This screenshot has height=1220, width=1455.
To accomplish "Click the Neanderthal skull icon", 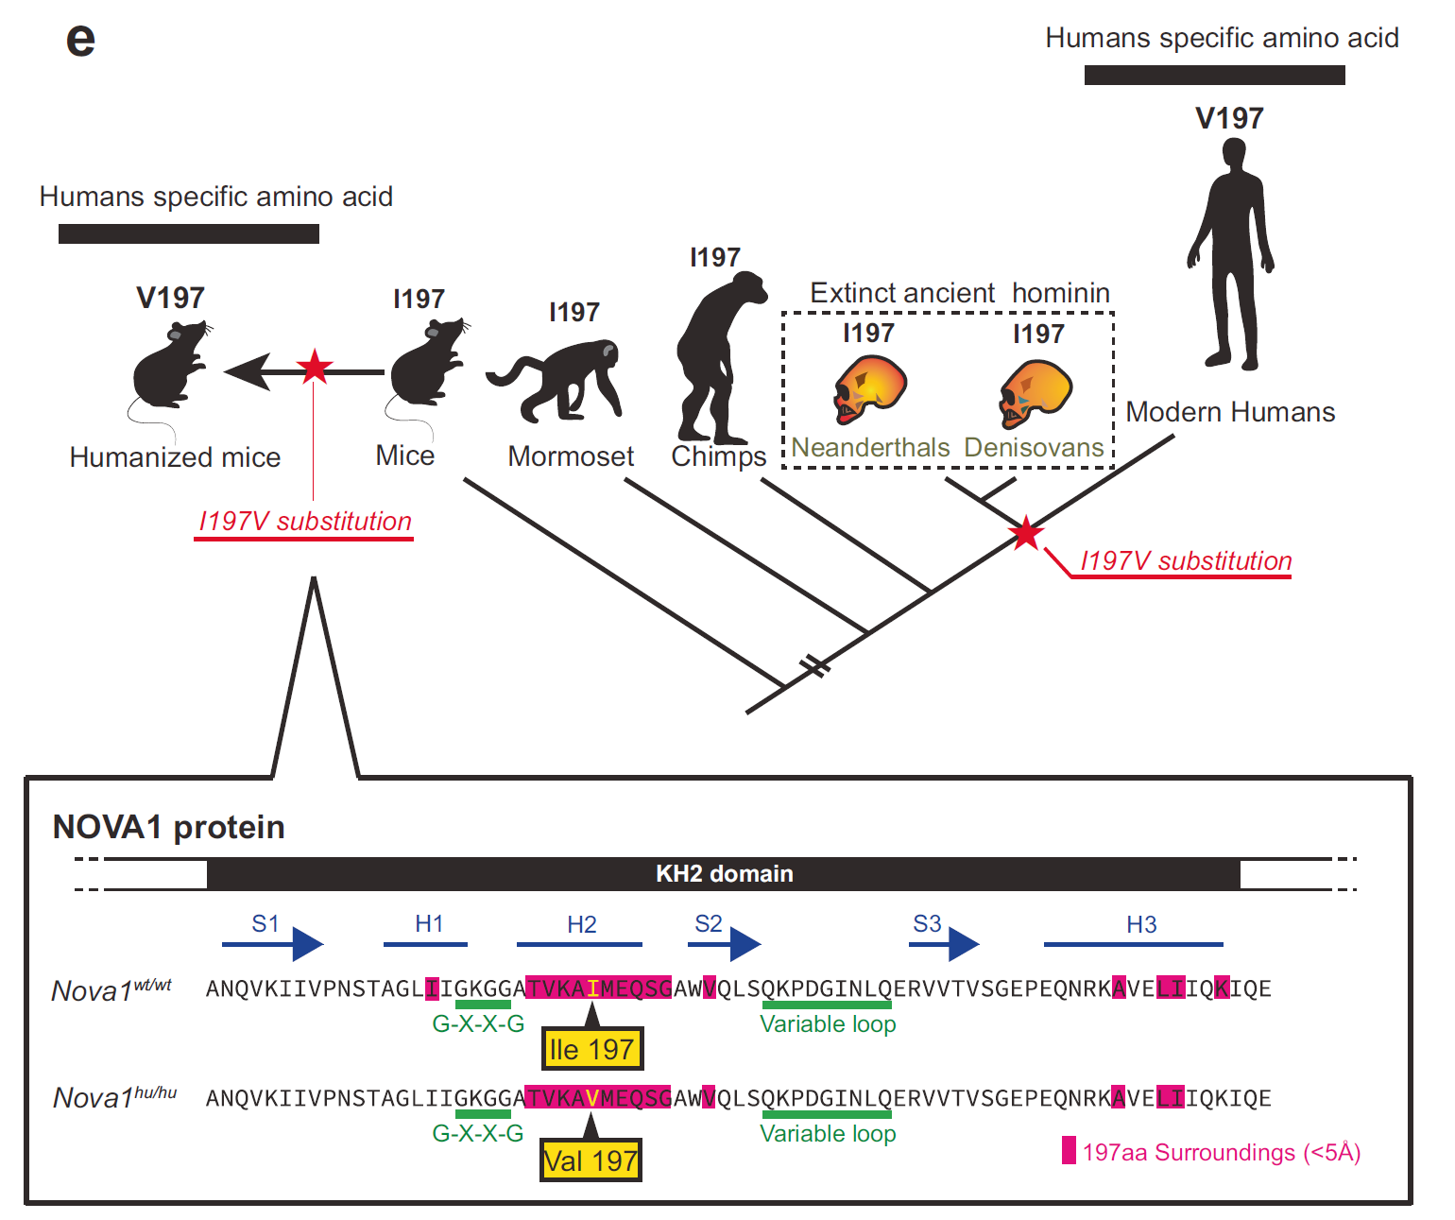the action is (x=869, y=389).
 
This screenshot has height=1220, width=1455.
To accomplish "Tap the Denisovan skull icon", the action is (x=1035, y=393).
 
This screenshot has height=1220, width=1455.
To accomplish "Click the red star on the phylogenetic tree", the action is (x=1026, y=534).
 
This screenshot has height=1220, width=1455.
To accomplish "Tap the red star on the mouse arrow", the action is (x=315, y=367).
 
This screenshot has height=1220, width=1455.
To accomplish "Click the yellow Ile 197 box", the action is (x=591, y=1049).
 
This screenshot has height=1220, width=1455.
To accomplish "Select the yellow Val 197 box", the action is (x=591, y=1160).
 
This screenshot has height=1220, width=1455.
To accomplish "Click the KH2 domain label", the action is (x=724, y=873).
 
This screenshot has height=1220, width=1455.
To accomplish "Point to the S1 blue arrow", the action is (x=272, y=944).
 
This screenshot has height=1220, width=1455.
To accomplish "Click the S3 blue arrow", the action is (x=944, y=944).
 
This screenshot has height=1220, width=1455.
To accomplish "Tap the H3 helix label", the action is (x=1141, y=924).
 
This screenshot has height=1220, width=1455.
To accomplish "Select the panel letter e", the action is (x=81, y=40).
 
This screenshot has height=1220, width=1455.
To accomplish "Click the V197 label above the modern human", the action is (x=1229, y=118).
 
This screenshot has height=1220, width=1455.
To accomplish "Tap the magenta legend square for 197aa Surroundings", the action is (x=1069, y=1150).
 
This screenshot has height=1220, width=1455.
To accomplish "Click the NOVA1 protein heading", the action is (x=168, y=828).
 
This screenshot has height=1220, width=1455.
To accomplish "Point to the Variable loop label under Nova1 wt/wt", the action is (x=828, y=1023).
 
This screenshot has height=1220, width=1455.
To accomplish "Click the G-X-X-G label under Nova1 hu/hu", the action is (x=478, y=1133).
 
